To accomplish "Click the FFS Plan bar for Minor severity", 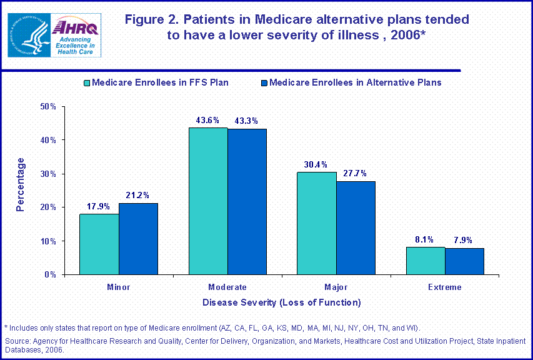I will pos(99,244).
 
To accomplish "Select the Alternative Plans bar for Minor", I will pos(138,239).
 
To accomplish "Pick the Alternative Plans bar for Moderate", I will pos(247,202).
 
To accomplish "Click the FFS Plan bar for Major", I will pos(317,223).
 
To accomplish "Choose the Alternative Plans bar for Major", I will pos(356,228).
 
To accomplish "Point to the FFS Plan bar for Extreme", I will pos(426,261).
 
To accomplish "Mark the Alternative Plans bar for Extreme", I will pos(464,261).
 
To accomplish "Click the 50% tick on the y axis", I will pos(48,107).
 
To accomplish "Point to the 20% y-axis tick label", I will pos(48,207).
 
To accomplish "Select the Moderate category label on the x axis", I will pos(227,287).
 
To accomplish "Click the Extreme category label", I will pos(445,287).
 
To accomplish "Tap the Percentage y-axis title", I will pos(21,184).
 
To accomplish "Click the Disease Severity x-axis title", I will pos(281,303).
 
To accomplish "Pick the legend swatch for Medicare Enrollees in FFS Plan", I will pos(87,82).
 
